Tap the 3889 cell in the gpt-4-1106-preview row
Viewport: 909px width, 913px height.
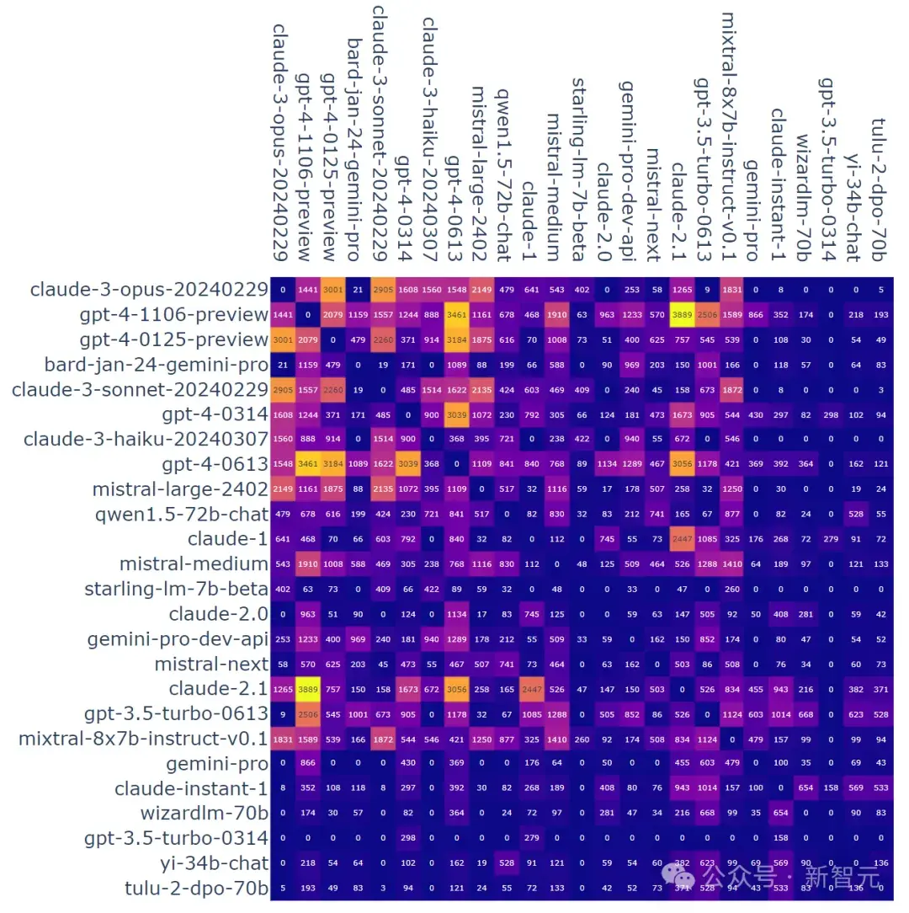(681, 314)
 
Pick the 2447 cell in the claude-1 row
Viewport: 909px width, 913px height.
(681, 539)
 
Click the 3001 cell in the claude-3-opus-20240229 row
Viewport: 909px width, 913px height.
(332, 291)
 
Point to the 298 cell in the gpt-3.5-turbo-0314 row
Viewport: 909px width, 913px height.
(407, 839)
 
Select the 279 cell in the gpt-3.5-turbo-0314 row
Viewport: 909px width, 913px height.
(531, 839)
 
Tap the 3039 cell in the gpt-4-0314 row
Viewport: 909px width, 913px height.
(457, 414)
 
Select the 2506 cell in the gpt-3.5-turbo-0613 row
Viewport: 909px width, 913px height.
(307, 714)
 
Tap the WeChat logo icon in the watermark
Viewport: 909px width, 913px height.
(689, 878)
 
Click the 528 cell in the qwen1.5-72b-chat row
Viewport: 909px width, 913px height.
(855, 515)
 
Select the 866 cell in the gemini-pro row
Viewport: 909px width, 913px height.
(307, 764)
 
